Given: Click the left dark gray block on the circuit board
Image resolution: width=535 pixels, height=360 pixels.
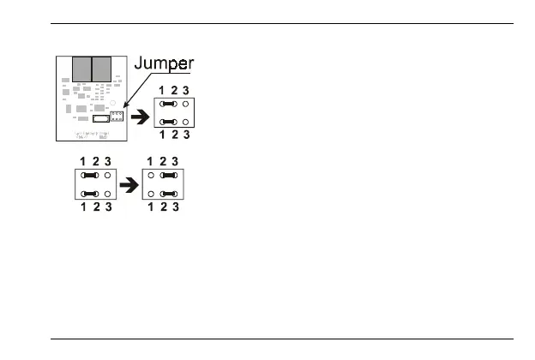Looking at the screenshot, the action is click(x=81, y=69).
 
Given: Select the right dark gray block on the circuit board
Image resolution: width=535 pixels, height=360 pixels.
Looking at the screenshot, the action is click(x=102, y=69).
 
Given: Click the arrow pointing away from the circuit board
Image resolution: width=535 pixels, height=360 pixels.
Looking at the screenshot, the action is click(x=141, y=113).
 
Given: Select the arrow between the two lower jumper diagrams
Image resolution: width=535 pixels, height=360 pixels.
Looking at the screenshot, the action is click(x=127, y=183).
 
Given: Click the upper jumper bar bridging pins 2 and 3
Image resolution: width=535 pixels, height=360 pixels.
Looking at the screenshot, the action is click(x=169, y=174).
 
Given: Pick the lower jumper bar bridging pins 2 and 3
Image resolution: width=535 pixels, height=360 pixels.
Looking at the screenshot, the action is click(x=169, y=193).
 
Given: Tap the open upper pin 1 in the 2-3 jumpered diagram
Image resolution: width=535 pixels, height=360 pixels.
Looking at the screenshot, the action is click(x=152, y=174).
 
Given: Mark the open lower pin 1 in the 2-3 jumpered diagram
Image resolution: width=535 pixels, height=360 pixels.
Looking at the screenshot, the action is click(x=152, y=193).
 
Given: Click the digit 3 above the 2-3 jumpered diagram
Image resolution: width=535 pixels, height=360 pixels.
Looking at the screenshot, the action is click(x=175, y=160).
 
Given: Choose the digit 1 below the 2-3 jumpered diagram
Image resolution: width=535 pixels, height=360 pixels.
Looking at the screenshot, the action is click(x=152, y=207).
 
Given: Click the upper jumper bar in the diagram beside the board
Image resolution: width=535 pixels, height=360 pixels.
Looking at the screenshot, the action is click(x=169, y=103).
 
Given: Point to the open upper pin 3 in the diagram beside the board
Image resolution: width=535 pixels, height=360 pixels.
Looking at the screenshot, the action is click(x=186, y=103).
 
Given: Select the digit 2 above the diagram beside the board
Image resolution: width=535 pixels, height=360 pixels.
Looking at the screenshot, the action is click(x=175, y=89).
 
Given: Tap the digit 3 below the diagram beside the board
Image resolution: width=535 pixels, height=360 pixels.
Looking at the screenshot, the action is click(x=186, y=135).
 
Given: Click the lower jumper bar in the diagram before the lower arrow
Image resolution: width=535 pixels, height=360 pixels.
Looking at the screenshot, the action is click(x=90, y=193).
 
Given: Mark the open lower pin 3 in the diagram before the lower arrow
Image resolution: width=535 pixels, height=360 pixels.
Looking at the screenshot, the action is click(x=107, y=193).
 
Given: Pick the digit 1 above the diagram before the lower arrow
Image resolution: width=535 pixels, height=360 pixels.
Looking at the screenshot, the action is click(x=83, y=160).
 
